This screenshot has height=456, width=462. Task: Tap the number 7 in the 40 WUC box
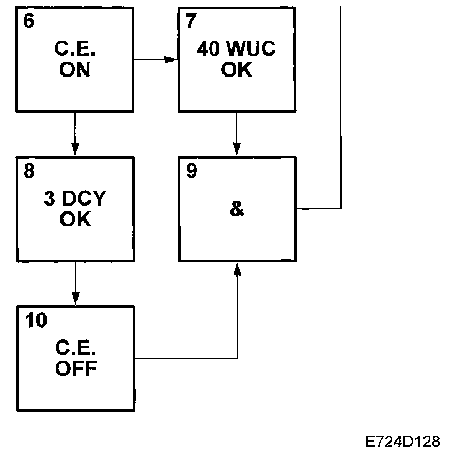pyautogui.click(x=191, y=22)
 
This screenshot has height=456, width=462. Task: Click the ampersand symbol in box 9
pyautogui.click(x=236, y=209)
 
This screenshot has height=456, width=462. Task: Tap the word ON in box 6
pyautogui.click(x=75, y=70)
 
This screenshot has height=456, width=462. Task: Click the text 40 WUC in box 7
pyautogui.click(x=236, y=50)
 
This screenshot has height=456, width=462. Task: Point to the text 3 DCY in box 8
pyautogui.click(x=75, y=199)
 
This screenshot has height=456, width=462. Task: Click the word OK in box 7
pyautogui.click(x=236, y=70)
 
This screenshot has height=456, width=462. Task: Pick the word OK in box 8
pyautogui.click(x=75, y=219)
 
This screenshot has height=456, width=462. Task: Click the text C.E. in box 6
pyautogui.click(x=75, y=50)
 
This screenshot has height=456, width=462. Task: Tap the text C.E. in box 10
pyautogui.click(x=75, y=348)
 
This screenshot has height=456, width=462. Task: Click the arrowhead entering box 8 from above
pyautogui.click(x=75, y=150)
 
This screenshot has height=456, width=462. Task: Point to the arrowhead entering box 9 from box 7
pyautogui.click(x=237, y=150)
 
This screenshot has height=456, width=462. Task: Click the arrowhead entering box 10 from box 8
pyautogui.click(x=75, y=299)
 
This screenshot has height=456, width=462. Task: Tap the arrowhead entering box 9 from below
pyautogui.click(x=237, y=269)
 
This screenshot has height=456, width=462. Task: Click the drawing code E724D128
pyautogui.click(x=403, y=442)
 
